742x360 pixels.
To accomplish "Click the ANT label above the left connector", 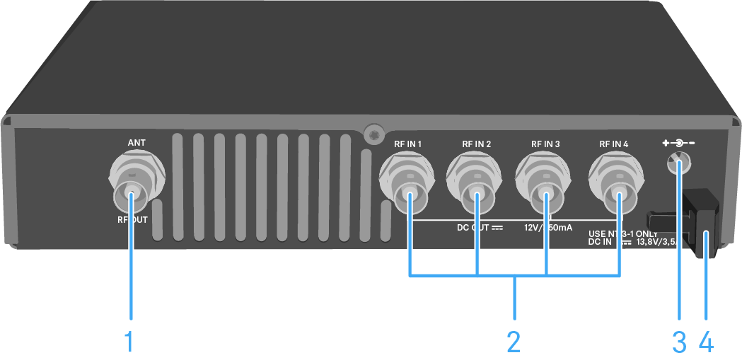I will [137, 143].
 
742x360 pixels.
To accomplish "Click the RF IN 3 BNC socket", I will [544, 180].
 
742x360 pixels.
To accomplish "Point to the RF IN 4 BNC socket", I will [616, 180].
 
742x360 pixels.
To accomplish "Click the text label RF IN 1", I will [407, 144].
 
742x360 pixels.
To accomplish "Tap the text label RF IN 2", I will [476, 144].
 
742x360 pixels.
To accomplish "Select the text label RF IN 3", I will [545, 144].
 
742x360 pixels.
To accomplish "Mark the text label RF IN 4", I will [614, 144].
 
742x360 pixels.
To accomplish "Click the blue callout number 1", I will [129, 342].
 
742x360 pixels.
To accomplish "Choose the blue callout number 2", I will [514, 342].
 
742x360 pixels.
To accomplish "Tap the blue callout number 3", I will [679, 342].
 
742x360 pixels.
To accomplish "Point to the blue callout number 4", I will [705, 342].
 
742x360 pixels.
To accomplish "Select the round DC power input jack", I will [678, 164].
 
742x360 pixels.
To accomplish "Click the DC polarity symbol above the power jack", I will [679, 144].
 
